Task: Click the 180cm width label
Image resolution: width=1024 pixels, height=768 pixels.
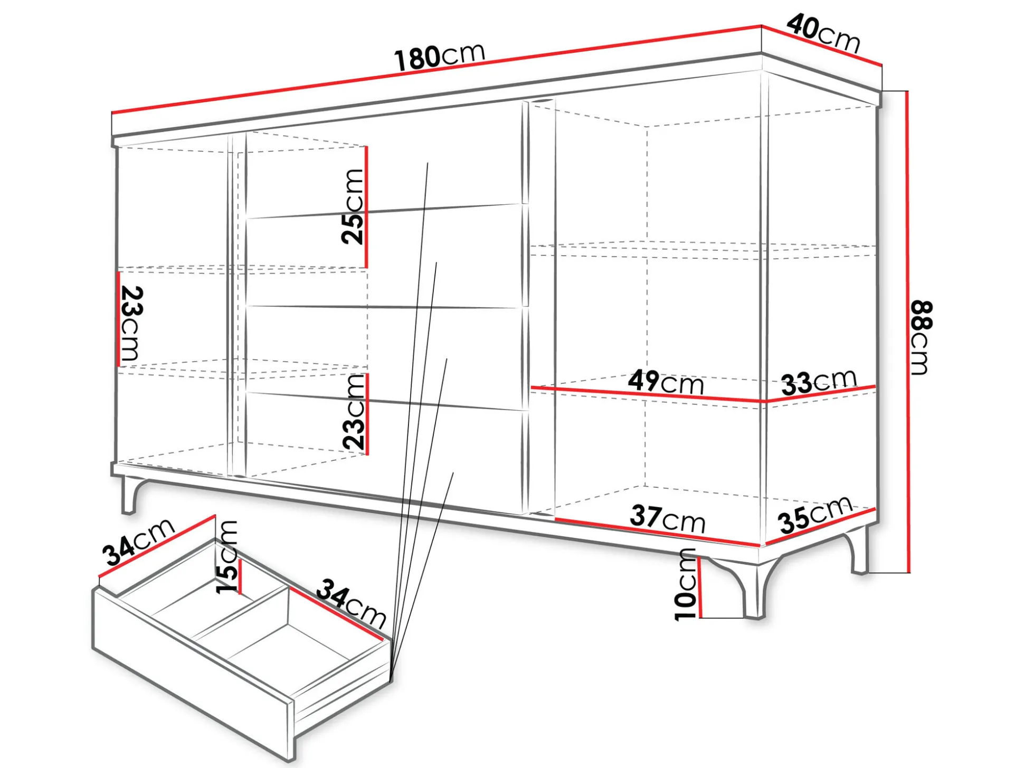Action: pos(440,55)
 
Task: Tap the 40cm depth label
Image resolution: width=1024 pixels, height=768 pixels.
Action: pos(823,33)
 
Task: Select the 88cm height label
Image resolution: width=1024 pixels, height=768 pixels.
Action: pos(922,338)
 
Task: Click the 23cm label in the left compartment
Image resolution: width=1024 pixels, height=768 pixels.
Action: pos(131,324)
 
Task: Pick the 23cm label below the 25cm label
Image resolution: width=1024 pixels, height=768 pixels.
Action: pos(354,412)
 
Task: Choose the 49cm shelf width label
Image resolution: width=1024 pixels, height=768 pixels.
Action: pos(666,382)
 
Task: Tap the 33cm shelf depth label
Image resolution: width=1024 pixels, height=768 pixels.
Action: pos(819,381)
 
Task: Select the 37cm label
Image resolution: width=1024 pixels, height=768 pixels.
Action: pos(668,519)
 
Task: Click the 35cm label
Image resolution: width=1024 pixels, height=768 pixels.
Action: pos(816,515)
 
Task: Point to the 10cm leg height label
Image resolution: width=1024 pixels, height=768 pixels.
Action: pos(686,584)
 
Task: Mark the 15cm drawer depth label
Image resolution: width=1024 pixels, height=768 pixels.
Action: pos(227,557)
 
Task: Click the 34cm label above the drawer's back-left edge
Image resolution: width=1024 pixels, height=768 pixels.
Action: pos(138,542)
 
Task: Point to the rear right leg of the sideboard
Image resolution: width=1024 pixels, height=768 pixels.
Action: pos(860,549)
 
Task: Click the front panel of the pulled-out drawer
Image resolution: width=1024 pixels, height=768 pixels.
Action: pos(193,674)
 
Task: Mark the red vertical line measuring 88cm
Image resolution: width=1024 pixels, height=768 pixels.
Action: pos(908,331)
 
